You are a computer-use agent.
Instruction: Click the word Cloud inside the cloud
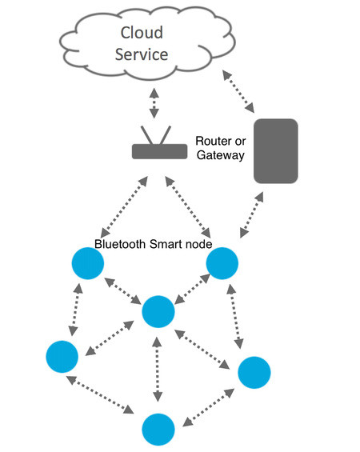[x=142, y=32]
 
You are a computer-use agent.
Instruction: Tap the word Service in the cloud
[x=142, y=54]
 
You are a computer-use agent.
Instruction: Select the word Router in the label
[x=214, y=141]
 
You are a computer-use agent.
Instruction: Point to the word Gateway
[x=221, y=155]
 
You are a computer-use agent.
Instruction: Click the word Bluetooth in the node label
[x=120, y=244]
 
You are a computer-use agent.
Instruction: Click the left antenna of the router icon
[x=146, y=135]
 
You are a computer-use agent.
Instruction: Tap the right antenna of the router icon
[x=166, y=135]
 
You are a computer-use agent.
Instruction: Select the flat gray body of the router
[x=159, y=151]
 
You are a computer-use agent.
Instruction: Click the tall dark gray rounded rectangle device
[x=275, y=151]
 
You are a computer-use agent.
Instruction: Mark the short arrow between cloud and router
[x=154, y=103]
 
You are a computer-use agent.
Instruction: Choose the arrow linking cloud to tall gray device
[x=238, y=91]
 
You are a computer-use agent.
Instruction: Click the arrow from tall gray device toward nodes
[x=252, y=215]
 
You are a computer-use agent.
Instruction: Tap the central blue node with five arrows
[x=158, y=312]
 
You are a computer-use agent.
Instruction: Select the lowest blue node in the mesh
[x=158, y=430]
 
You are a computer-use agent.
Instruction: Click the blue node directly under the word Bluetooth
[x=88, y=263]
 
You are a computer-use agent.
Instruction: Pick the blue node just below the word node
[x=222, y=263]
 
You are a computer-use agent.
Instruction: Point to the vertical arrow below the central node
[x=157, y=370]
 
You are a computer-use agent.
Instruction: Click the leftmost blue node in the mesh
[x=62, y=357]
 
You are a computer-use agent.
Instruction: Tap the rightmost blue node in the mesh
[x=254, y=373]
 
